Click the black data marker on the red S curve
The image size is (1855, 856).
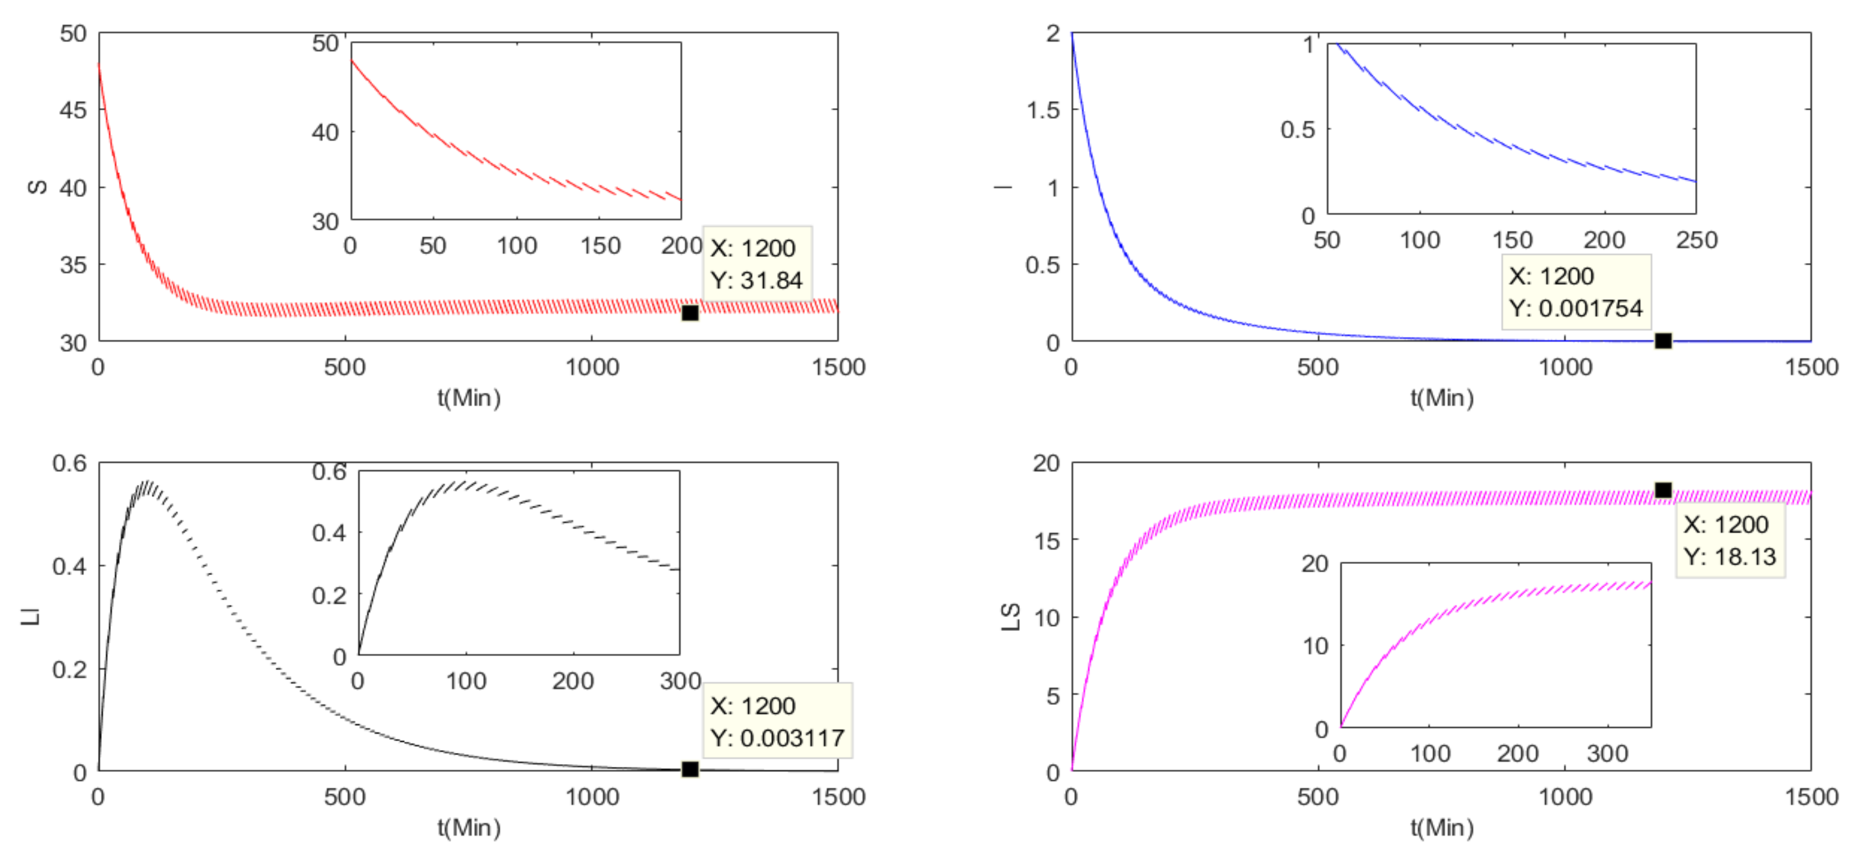[x=690, y=313]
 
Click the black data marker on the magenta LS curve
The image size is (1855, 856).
[x=1663, y=490]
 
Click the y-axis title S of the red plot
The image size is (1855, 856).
[x=37, y=187]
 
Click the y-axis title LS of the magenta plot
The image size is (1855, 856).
[x=1011, y=617]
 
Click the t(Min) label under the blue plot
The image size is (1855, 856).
[x=1442, y=398]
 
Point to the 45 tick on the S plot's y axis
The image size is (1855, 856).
[x=73, y=110]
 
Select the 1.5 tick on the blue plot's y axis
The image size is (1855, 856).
[x=1043, y=110]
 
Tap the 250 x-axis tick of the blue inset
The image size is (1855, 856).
[x=1697, y=240]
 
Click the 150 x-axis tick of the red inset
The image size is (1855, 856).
[x=601, y=246]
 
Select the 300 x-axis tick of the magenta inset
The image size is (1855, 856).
[x=1607, y=753]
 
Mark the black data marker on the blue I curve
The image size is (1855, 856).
[x=1663, y=341]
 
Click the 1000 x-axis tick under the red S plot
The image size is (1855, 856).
[x=592, y=367]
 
